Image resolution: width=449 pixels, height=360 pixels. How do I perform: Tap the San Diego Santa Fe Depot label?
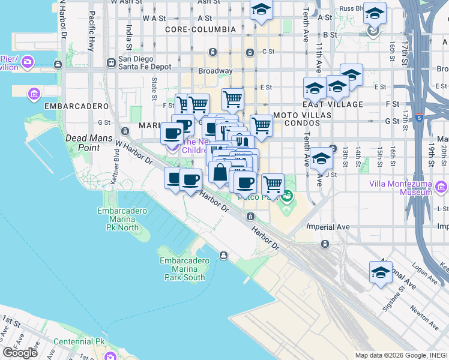point(145,63)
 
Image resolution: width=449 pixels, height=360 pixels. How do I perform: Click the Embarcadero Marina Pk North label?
point(118,219)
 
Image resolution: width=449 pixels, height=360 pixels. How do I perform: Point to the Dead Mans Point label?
point(82,142)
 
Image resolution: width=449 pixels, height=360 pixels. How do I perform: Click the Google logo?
point(20,353)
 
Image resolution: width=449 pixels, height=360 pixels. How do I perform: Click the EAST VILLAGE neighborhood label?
point(337,104)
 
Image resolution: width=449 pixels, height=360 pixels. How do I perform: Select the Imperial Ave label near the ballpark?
point(328,227)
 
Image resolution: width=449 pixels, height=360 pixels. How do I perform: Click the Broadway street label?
point(215,71)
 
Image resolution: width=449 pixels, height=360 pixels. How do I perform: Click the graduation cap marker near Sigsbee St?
point(380,272)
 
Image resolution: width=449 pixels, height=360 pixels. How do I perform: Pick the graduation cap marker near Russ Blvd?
point(374,13)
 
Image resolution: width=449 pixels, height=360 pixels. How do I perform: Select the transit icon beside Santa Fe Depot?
point(111,62)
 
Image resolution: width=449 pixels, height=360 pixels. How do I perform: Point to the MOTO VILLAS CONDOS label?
point(295,118)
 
